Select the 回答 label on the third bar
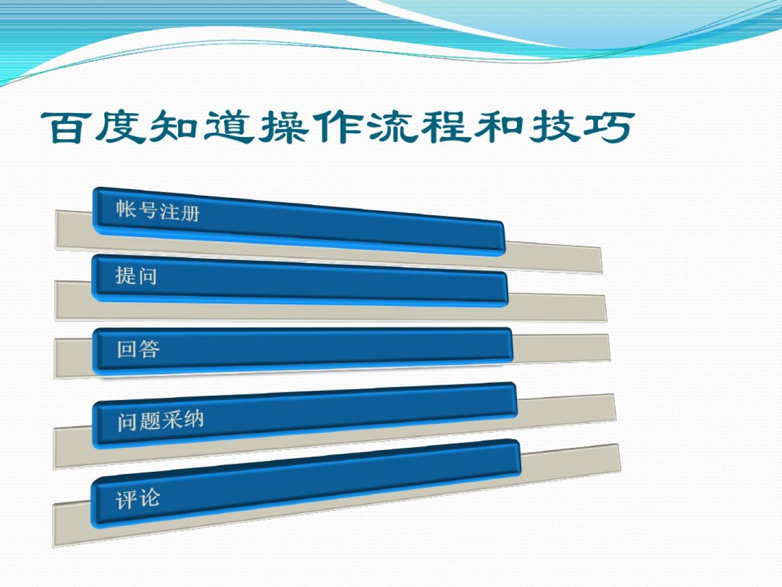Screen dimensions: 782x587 (x=138, y=348)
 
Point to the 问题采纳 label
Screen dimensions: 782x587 (x=160, y=421)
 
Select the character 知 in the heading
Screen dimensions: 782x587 (x=173, y=127)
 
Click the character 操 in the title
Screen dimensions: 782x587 (x=283, y=127)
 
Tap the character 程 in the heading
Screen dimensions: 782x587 (x=446, y=127)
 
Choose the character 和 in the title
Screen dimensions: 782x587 (x=499, y=127)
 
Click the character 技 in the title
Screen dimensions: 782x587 (x=553, y=127)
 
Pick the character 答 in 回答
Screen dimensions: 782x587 (x=149, y=348)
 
